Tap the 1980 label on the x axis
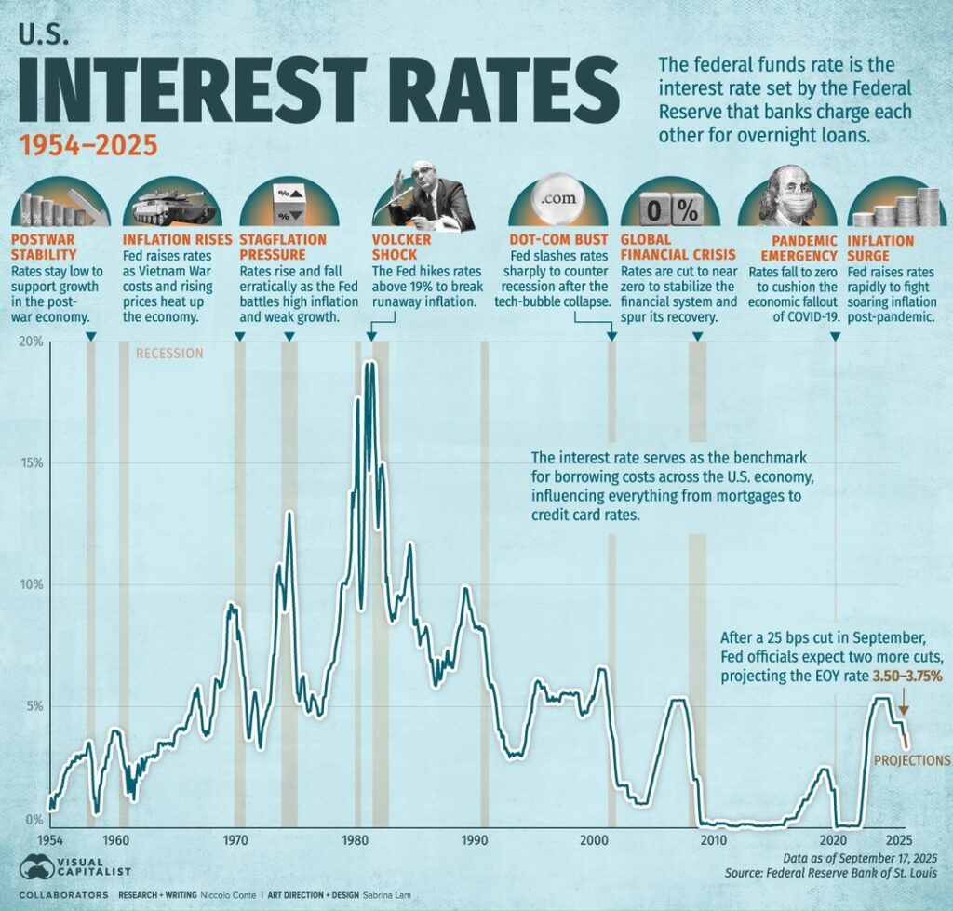click(x=355, y=839)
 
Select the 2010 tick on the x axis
click(x=714, y=839)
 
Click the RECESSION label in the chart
click(x=168, y=354)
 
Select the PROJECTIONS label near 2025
click(x=912, y=760)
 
